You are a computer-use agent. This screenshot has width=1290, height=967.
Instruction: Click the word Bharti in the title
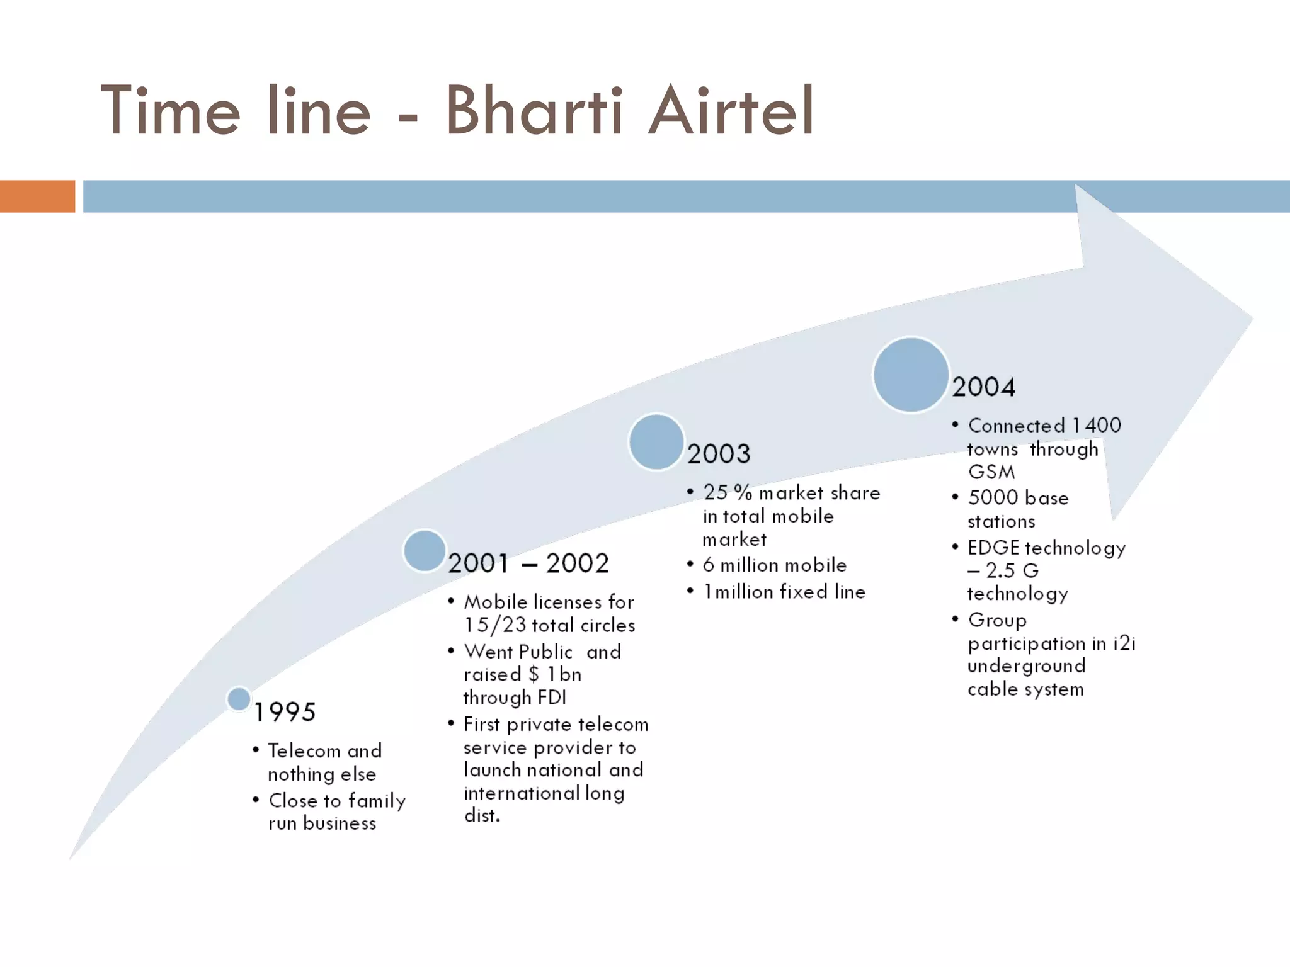[x=534, y=111]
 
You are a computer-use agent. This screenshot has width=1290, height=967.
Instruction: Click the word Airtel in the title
[x=731, y=111]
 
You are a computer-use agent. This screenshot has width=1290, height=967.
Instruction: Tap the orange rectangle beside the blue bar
[x=37, y=196]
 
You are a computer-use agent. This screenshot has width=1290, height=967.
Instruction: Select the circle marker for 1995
[x=239, y=699]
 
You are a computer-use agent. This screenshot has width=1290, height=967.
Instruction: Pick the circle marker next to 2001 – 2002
[x=425, y=551]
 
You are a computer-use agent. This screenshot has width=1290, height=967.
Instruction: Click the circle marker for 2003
[x=656, y=442]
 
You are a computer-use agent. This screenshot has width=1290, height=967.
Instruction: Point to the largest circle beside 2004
[x=911, y=375]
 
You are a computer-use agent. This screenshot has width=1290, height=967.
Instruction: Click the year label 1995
[x=285, y=713]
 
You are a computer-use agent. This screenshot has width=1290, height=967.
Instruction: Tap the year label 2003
[x=719, y=454]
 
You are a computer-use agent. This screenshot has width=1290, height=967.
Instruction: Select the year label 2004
[x=983, y=387]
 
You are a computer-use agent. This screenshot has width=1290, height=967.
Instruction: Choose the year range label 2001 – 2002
[x=528, y=563]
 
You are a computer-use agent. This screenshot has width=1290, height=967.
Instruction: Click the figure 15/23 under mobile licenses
[x=494, y=626]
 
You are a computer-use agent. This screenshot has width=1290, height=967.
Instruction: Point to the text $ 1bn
[x=554, y=675]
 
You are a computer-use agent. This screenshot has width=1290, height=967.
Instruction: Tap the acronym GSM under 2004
[x=991, y=472]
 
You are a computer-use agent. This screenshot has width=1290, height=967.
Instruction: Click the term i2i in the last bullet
[x=1124, y=643]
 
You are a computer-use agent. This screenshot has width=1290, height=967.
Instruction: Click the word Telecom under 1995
[x=304, y=751]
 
